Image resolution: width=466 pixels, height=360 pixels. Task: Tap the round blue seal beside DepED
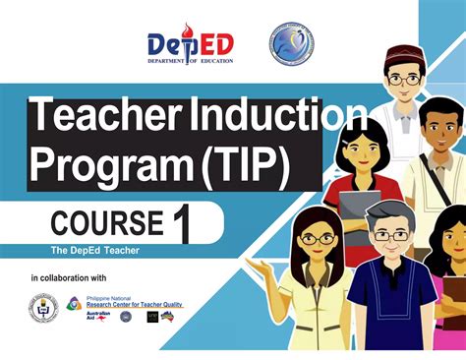click(x=291, y=43)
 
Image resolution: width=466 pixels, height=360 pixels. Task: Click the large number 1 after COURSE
click(x=181, y=224)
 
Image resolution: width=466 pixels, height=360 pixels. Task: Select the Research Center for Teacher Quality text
click(x=134, y=304)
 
